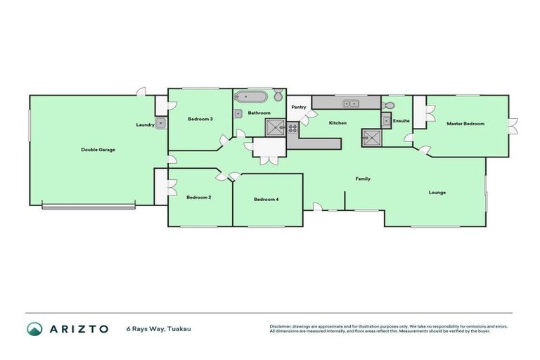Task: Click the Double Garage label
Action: (98, 150)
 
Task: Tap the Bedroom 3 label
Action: (200, 120)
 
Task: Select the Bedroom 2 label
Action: (199, 198)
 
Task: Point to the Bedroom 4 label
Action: (266, 200)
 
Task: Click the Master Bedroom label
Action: (465, 124)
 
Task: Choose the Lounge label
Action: (437, 192)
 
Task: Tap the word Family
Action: (362, 179)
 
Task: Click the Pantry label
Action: (298, 107)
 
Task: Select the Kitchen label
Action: (337, 124)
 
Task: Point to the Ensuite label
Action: (401, 121)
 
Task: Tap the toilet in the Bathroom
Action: (278, 96)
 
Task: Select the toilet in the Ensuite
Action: (387, 105)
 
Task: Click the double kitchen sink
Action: (350, 104)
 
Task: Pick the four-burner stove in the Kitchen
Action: (292, 127)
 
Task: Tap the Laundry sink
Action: (161, 124)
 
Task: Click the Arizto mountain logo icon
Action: (34, 328)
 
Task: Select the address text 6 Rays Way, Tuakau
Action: (159, 328)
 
